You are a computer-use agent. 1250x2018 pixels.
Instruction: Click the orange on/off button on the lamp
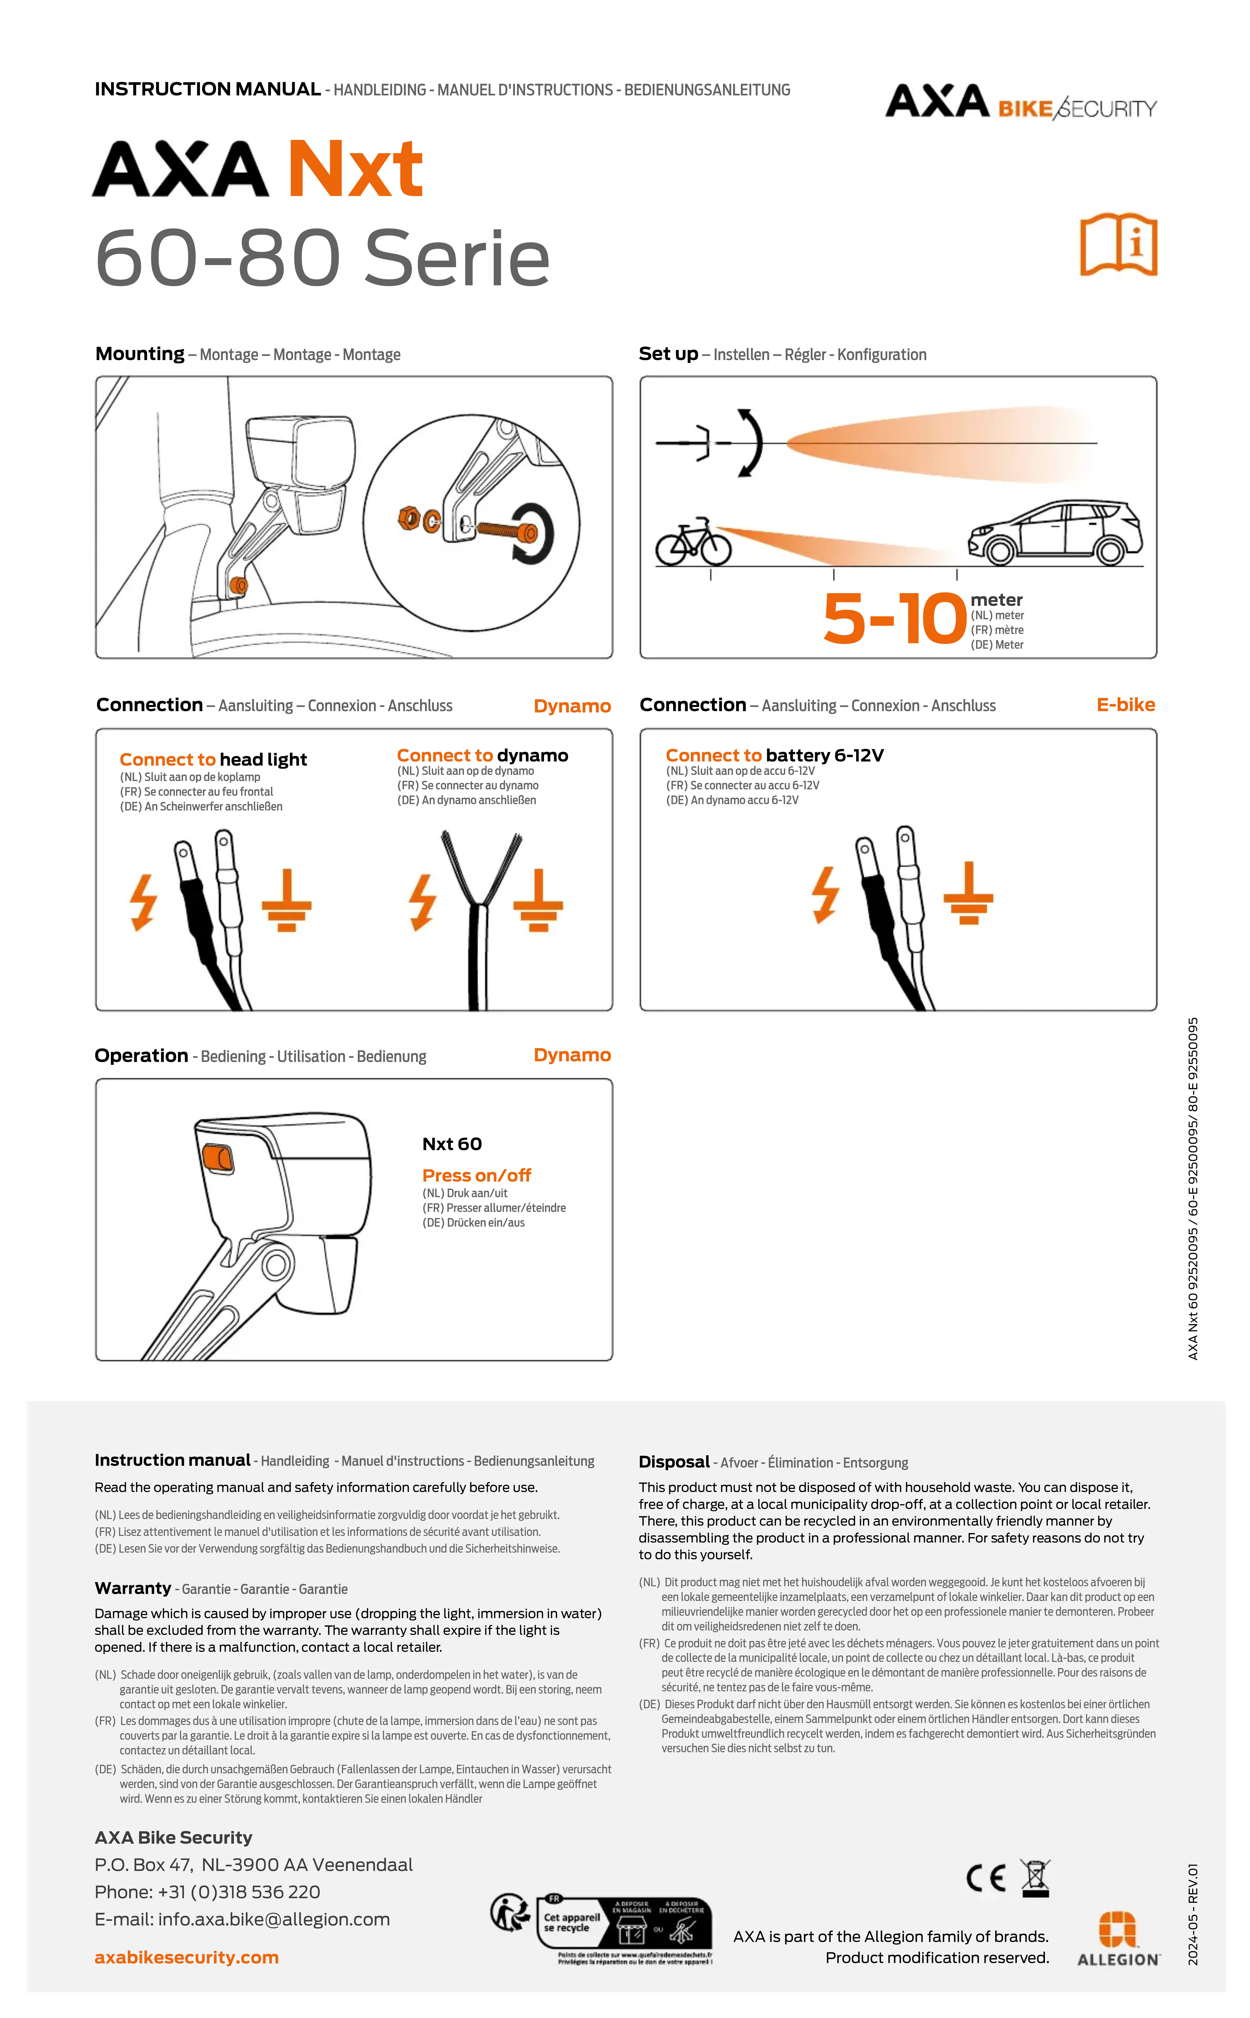[217, 1157]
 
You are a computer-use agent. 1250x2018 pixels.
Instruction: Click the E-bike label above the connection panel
[1125, 704]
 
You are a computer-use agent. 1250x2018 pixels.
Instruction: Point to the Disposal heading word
[674, 1462]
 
